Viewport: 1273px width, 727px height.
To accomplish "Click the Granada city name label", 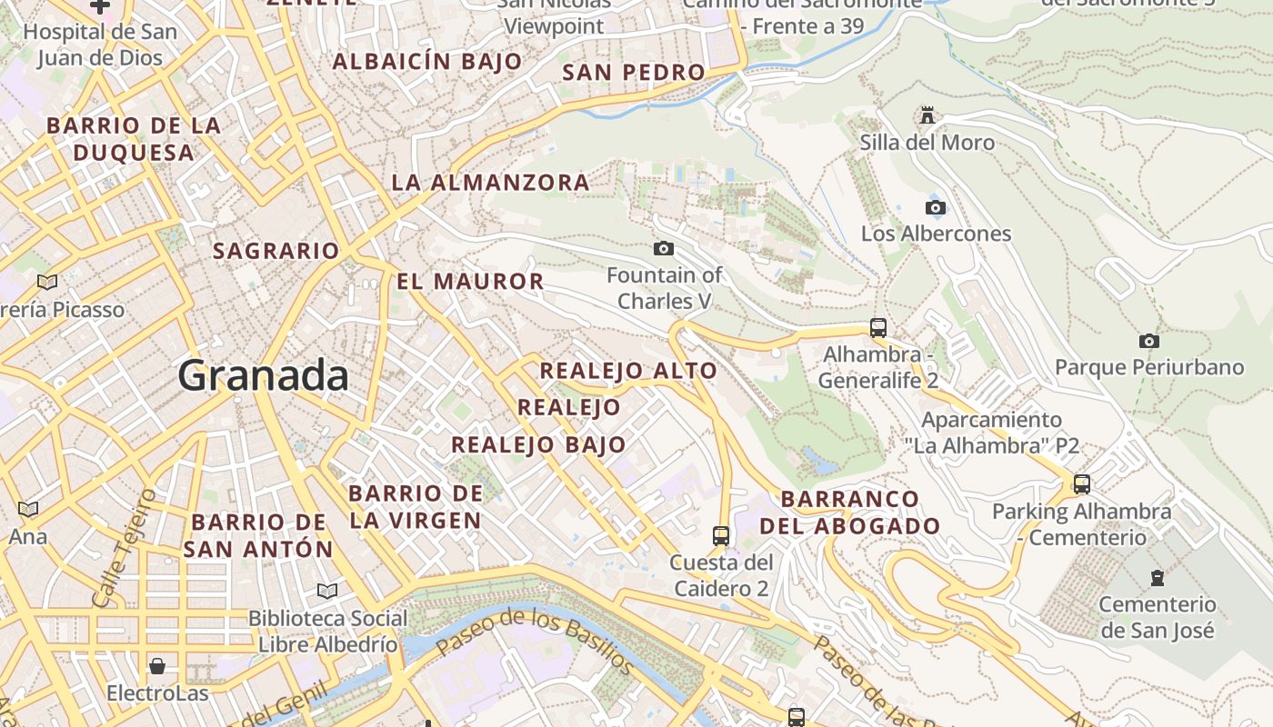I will (x=263, y=375).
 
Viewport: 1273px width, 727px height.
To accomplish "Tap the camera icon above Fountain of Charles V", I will (x=664, y=248).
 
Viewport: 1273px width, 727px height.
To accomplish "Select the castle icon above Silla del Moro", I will (x=927, y=115).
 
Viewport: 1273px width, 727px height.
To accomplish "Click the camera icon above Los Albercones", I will (x=935, y=207).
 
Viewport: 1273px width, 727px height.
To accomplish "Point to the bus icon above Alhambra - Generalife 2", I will (x=877, y=328).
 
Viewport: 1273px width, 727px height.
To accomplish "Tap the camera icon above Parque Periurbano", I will (x=1149, y=342).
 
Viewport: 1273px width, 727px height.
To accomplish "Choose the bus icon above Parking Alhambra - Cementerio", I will (x=1081, y=484).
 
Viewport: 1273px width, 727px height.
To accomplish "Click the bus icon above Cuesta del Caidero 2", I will (x=721, y=536).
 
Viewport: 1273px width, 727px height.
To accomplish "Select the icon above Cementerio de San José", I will (x=1157, y=578).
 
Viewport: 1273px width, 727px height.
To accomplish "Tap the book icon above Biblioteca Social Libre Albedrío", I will (x=327, y=592).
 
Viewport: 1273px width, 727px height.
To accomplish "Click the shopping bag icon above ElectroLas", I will (x=157, y=667).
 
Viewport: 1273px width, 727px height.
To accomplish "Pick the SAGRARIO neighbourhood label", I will (x=276, y=251).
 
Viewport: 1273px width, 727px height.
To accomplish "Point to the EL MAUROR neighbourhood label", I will (x=470, y=282).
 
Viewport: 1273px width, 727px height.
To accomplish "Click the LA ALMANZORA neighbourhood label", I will (x=490, y=183).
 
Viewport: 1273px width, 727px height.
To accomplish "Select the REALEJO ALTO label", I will (x=628, y=371).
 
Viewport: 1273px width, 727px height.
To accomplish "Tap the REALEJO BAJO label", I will (x=538, y=444).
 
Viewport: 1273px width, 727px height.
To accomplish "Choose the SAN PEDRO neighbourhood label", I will (x=633, y=73).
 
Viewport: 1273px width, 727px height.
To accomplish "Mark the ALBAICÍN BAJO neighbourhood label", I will (x=427, y=62).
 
